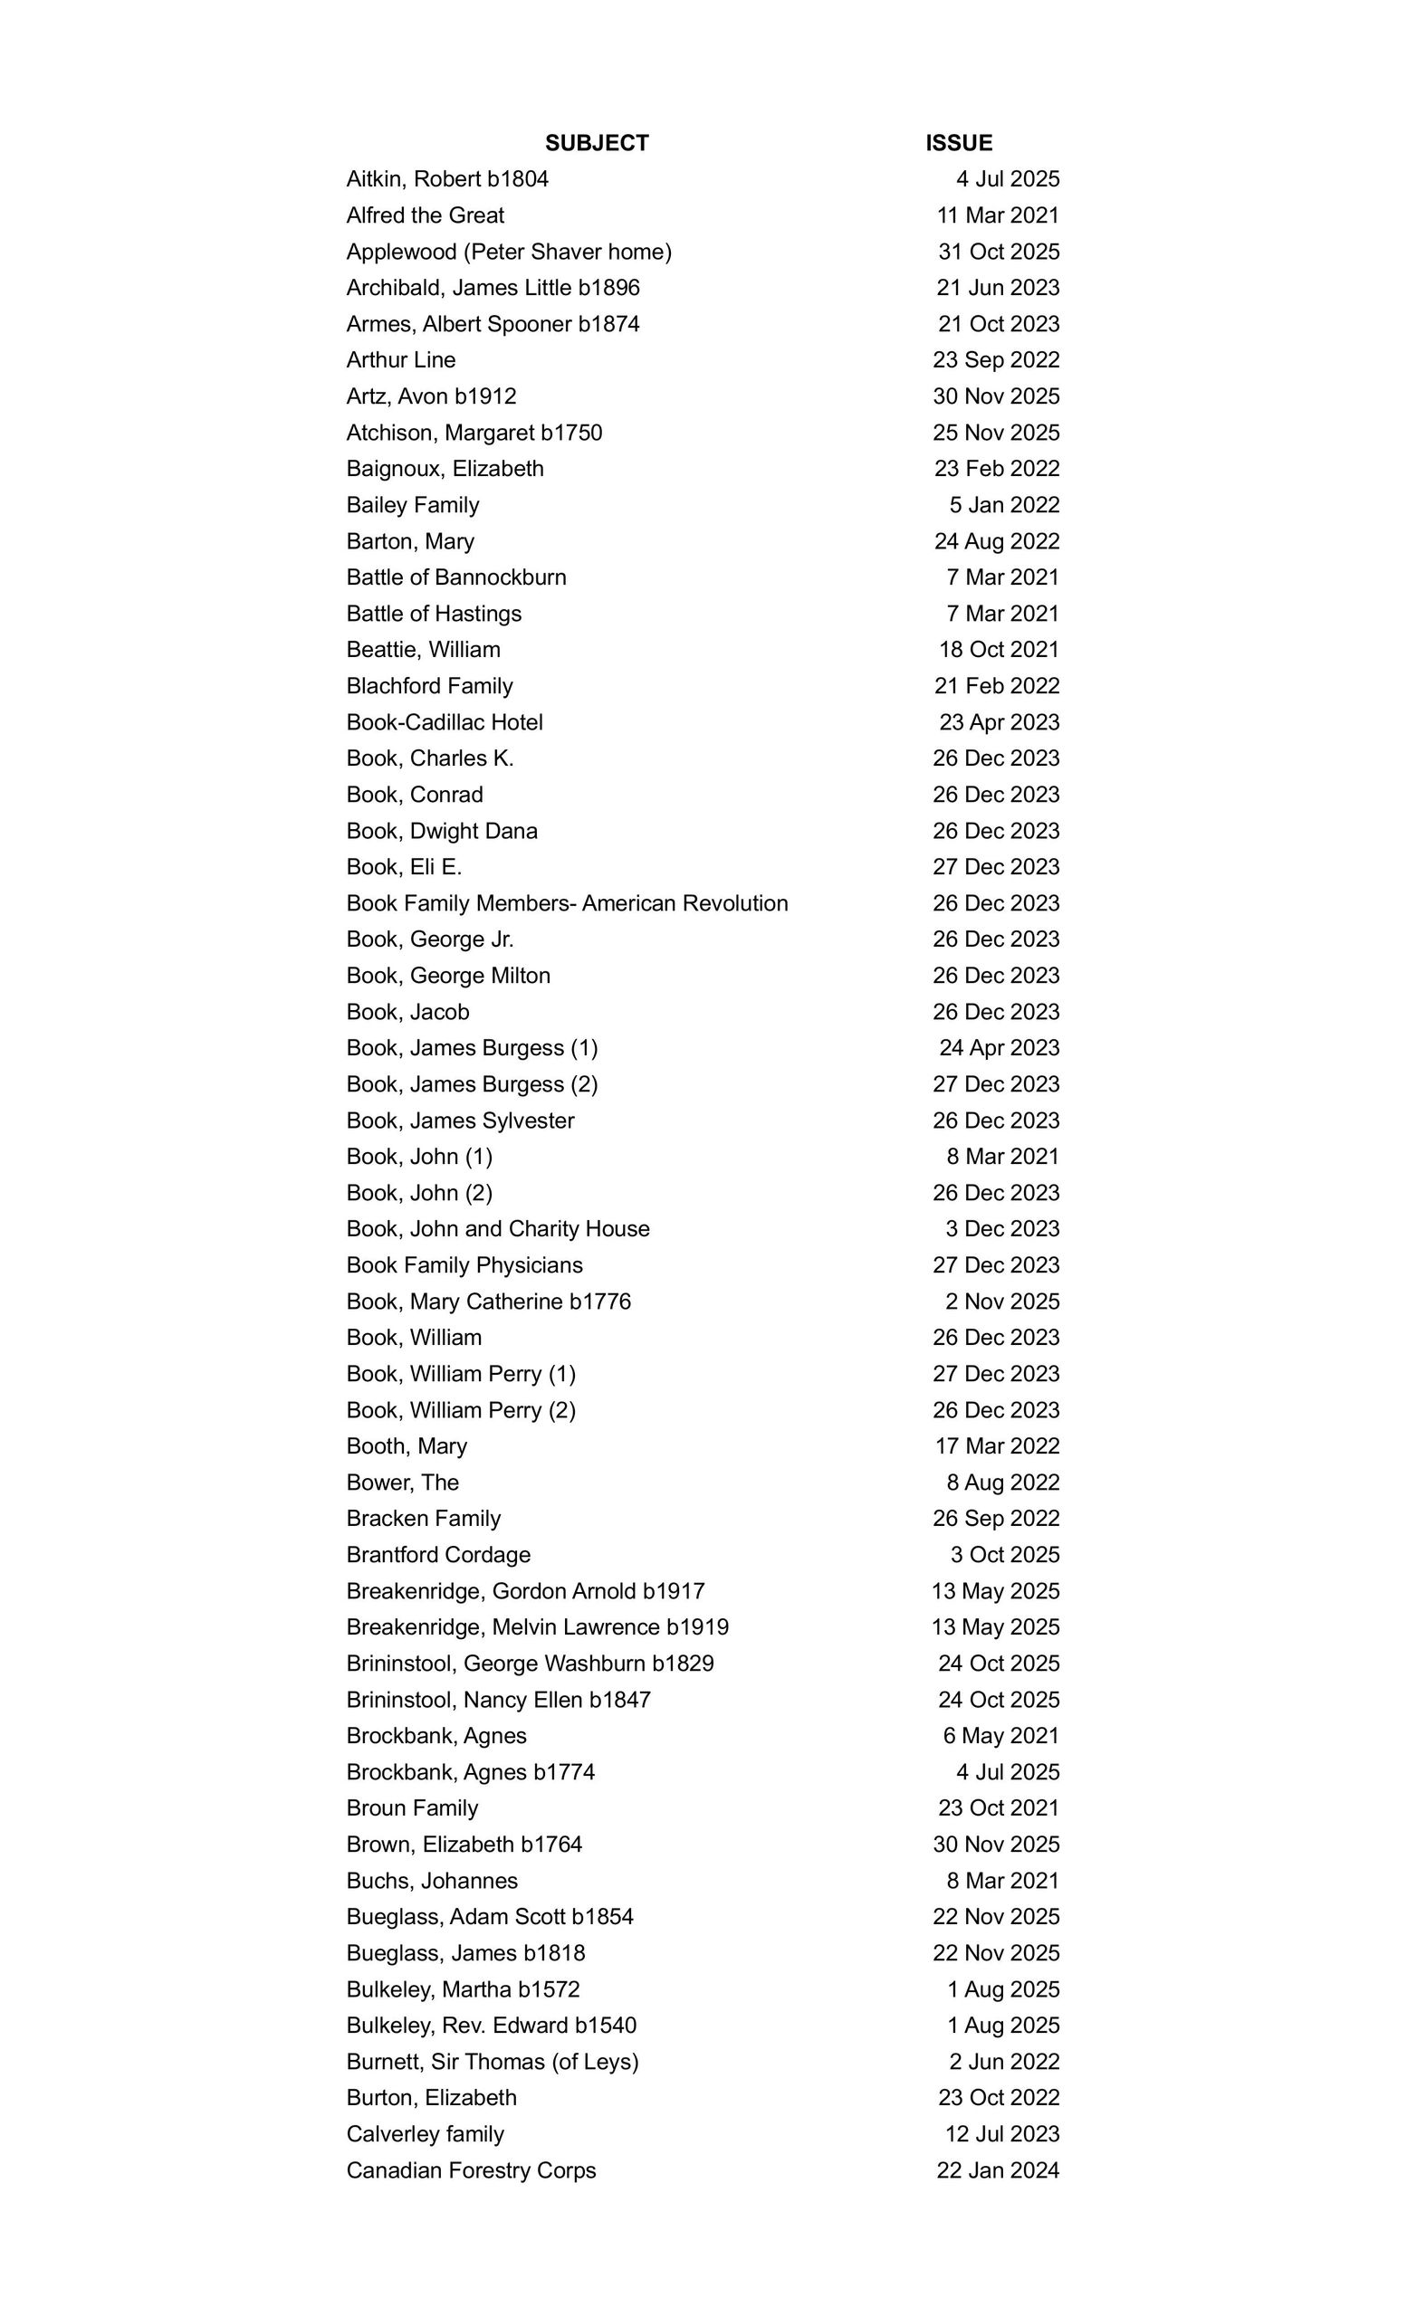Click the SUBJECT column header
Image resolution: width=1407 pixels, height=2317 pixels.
[x=597, y=143]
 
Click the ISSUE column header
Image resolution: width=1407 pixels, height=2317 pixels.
[x=959, y=143]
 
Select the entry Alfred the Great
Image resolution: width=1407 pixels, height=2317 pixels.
[x=426, y=215]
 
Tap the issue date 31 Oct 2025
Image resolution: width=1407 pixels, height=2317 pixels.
[x=998, y=252]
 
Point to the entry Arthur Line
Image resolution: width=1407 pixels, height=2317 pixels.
[x=401, y=360]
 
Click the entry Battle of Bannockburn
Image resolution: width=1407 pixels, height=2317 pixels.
[x=456, y=577]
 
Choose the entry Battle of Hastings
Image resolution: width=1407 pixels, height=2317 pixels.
[x=434, y=614]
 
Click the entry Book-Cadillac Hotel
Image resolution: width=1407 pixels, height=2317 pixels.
[x=445, y=722]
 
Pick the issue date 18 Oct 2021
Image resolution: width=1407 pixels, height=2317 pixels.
[x=998, y=650]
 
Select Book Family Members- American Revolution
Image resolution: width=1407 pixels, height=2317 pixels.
[x=567, y=903]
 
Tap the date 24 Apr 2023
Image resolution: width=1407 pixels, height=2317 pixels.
[x=999, y=1047]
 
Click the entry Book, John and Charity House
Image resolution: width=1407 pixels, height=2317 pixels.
[x=498, y=1229]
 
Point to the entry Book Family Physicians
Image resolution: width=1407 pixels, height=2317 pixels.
[x=464, y=1265]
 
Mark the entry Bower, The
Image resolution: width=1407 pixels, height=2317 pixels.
[x=403, y=1483]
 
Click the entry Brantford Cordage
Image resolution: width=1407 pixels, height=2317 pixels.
[x=438, y=1555]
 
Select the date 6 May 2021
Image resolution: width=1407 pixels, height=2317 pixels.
[x=1000, y=1736]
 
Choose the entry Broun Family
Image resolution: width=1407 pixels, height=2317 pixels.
[x=412, y=1808]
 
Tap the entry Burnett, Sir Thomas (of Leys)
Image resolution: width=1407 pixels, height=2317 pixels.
[x=492, y=2062]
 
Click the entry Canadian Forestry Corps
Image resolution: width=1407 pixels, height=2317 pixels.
[x=471, y=2170]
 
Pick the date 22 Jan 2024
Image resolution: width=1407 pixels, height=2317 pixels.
[x=997, y=2170]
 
